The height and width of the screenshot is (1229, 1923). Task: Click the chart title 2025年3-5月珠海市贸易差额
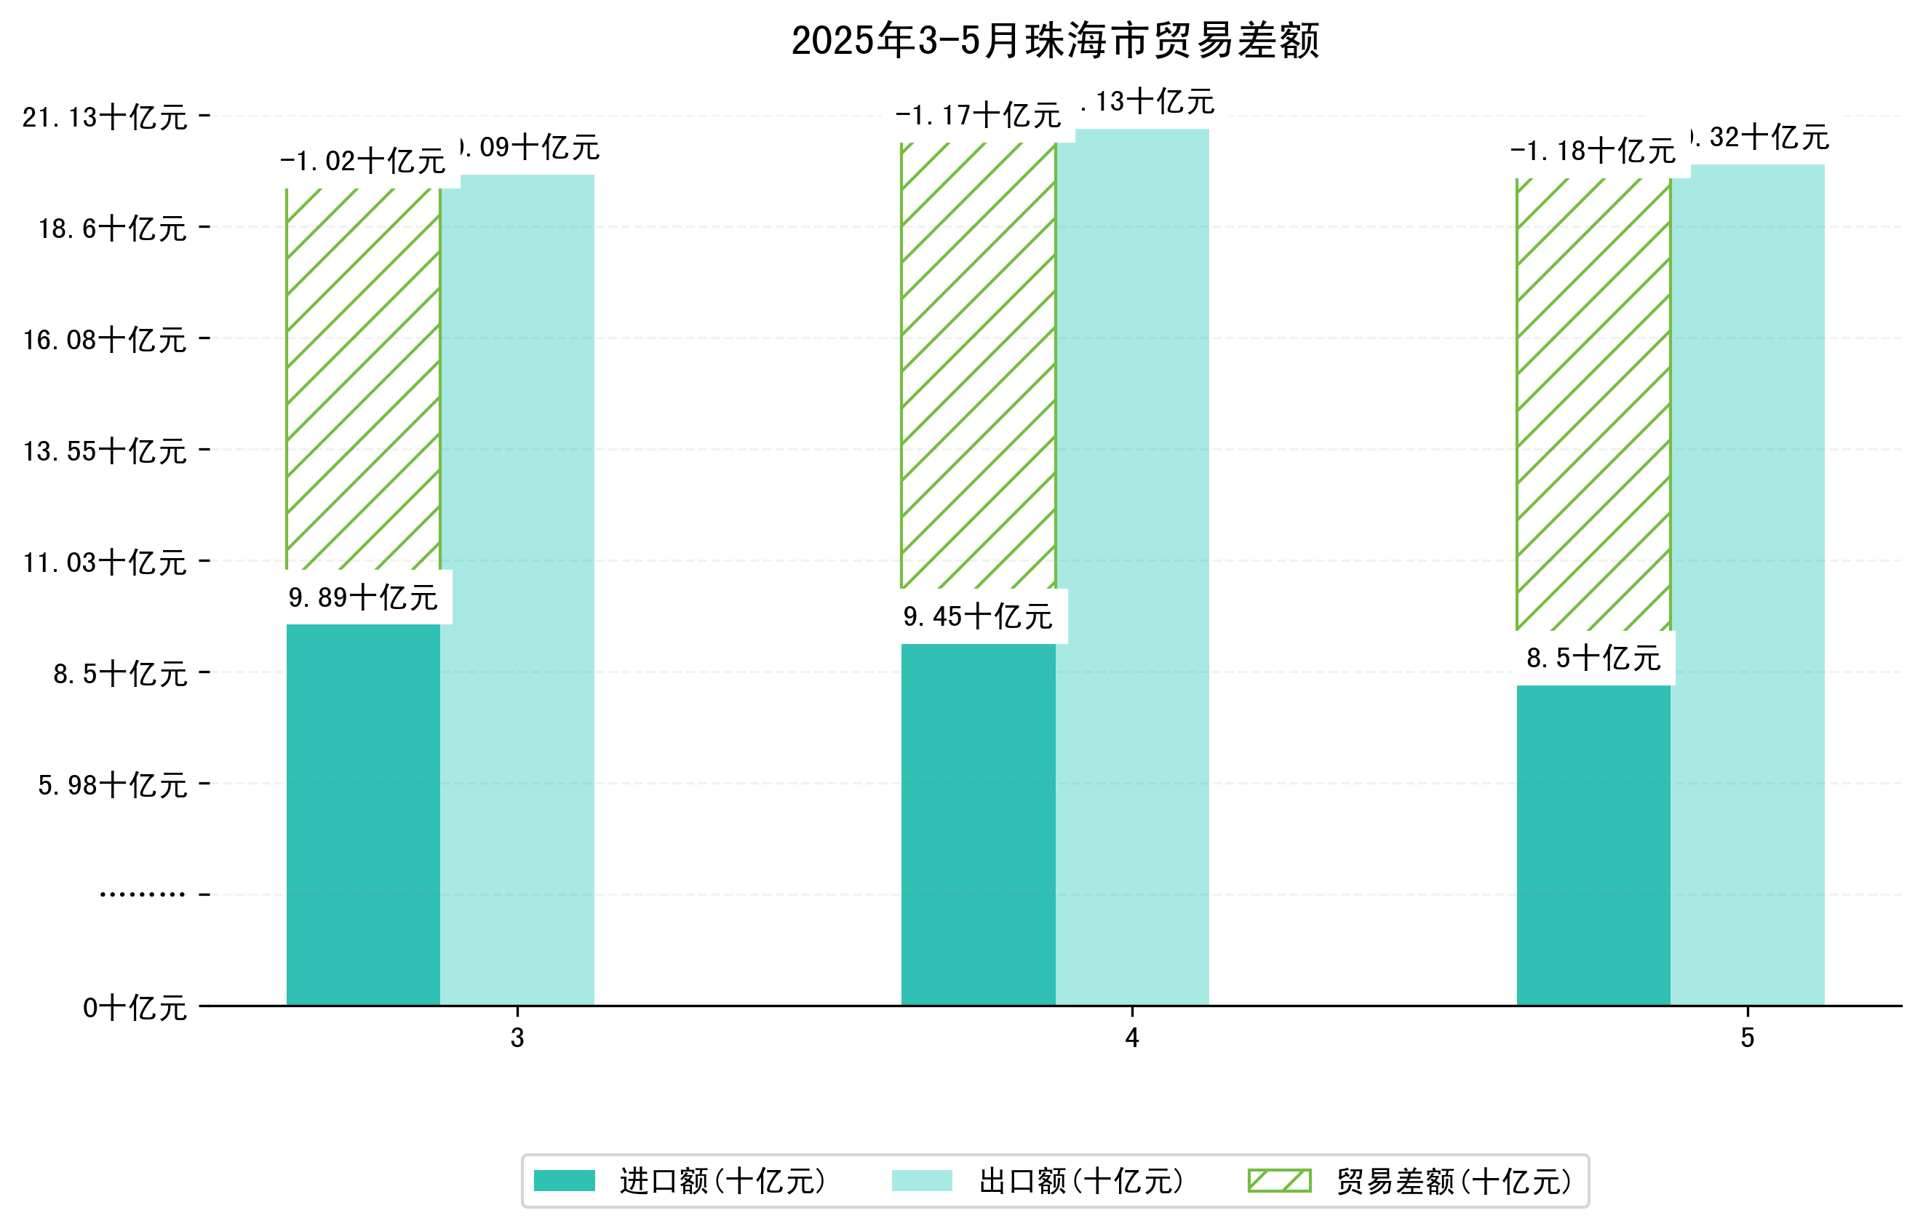click(1055, 40)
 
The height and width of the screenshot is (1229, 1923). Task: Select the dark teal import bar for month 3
click(363, 814)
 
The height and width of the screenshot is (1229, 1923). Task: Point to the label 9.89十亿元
click(363, 597)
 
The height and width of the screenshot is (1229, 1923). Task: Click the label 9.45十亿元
click(979, 616)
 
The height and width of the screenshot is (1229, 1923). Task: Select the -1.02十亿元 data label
click(363, 162)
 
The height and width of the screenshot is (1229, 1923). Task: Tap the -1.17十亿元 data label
click(979, 116)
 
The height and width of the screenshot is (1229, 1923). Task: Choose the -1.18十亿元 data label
click(1593, 151)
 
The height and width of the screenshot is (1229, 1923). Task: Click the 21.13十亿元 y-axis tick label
click(105, 117)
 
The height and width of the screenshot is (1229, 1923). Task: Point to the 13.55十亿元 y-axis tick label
click(105, 451)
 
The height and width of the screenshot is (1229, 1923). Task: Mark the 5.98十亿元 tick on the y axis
click(113, 785)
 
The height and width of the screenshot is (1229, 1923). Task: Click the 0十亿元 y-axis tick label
click(135, 1008)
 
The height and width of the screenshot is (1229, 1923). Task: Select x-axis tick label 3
click(517, 1038)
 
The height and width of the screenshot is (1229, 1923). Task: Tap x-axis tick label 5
click(1748, 1038)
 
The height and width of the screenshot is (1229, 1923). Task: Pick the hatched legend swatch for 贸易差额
click(1278, 1181)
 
